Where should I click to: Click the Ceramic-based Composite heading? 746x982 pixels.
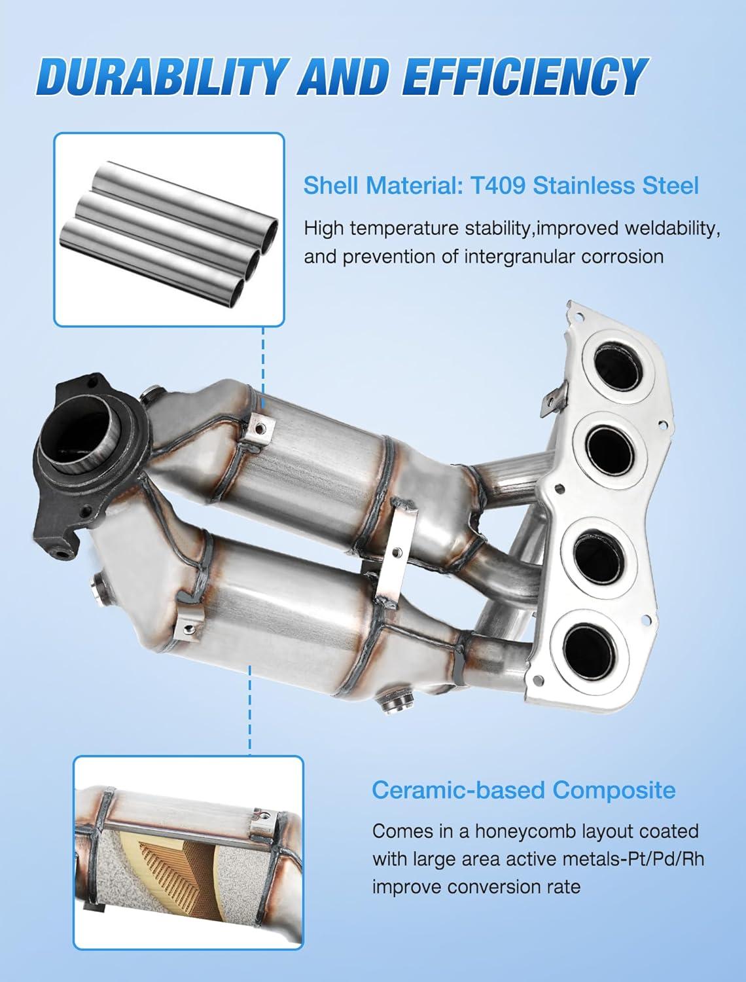click(524, 791)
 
